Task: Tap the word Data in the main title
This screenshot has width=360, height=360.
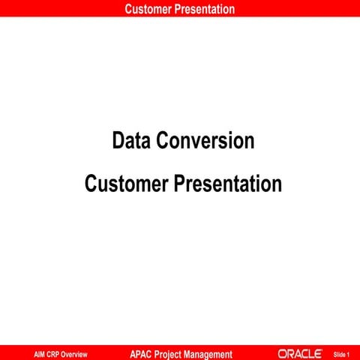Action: pyautogui.click(x=130, y=140)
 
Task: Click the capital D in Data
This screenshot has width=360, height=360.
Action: pyautogui.click(x=118, y=140)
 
